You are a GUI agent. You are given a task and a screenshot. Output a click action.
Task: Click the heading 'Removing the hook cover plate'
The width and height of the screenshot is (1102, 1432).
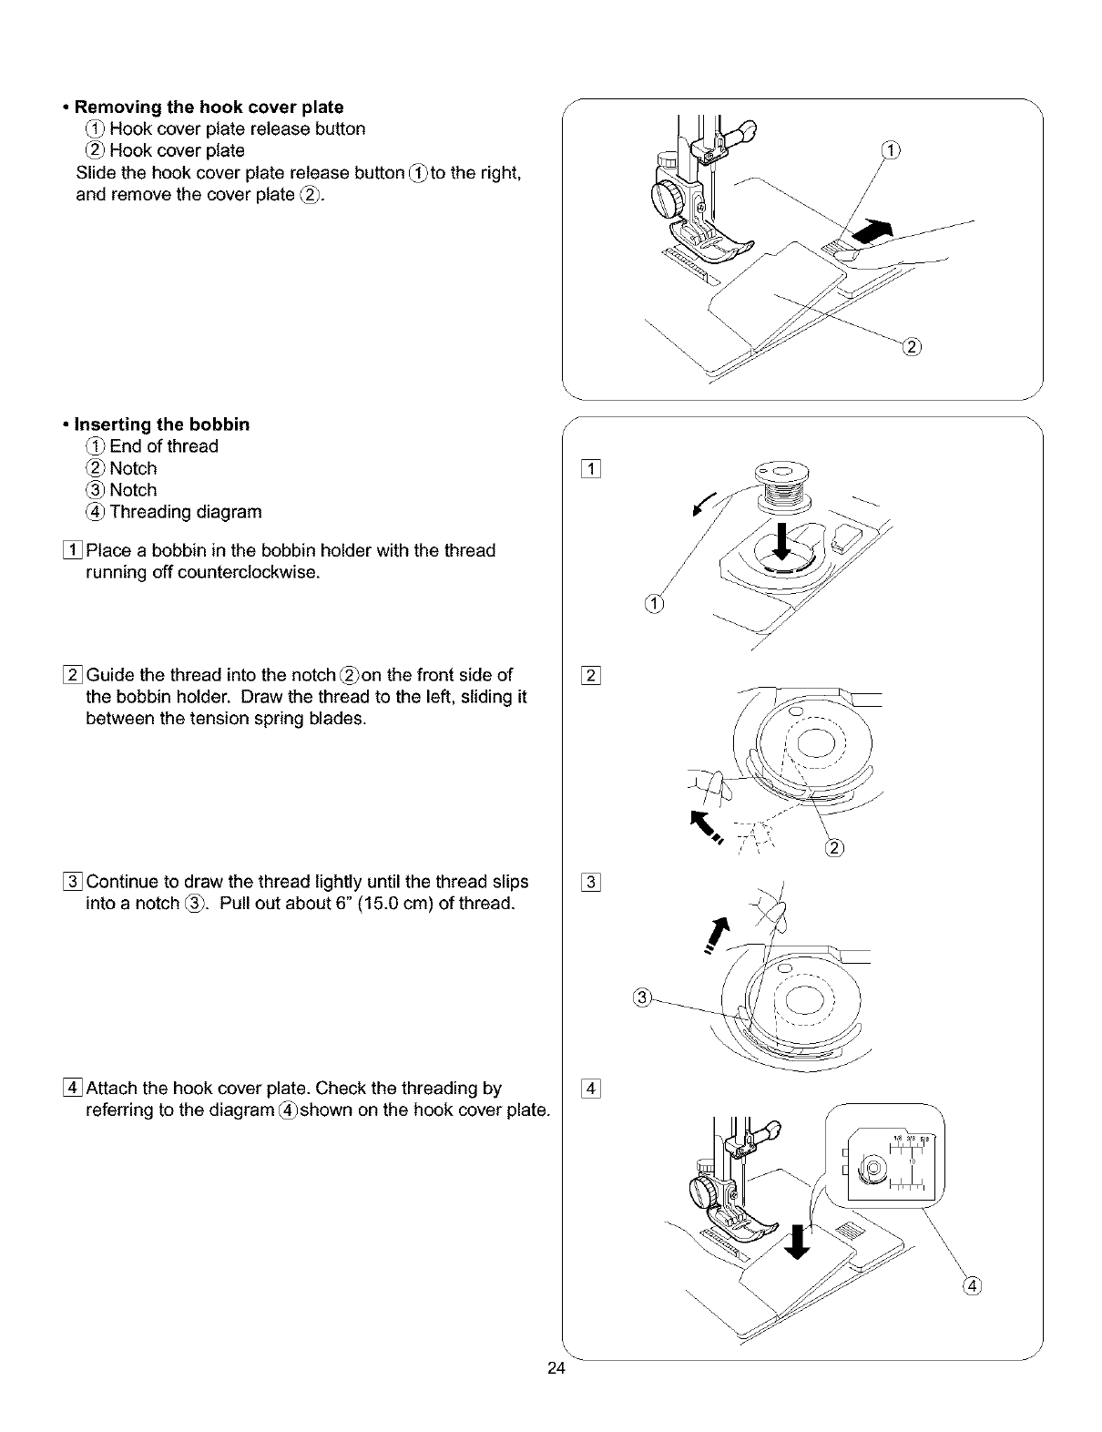(209, 107)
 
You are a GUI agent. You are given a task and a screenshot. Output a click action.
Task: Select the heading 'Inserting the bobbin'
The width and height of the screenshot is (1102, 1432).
(161, 424)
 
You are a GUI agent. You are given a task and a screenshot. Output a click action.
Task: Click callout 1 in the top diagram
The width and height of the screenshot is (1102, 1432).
(892, 151)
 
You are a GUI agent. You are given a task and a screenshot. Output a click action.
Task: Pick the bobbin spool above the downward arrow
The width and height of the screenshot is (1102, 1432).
(782, 489)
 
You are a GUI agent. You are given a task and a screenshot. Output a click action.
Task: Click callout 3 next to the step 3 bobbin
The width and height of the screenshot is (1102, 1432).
(640, 997)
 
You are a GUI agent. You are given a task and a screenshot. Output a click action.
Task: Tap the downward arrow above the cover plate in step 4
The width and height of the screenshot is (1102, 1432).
(798, 1241)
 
